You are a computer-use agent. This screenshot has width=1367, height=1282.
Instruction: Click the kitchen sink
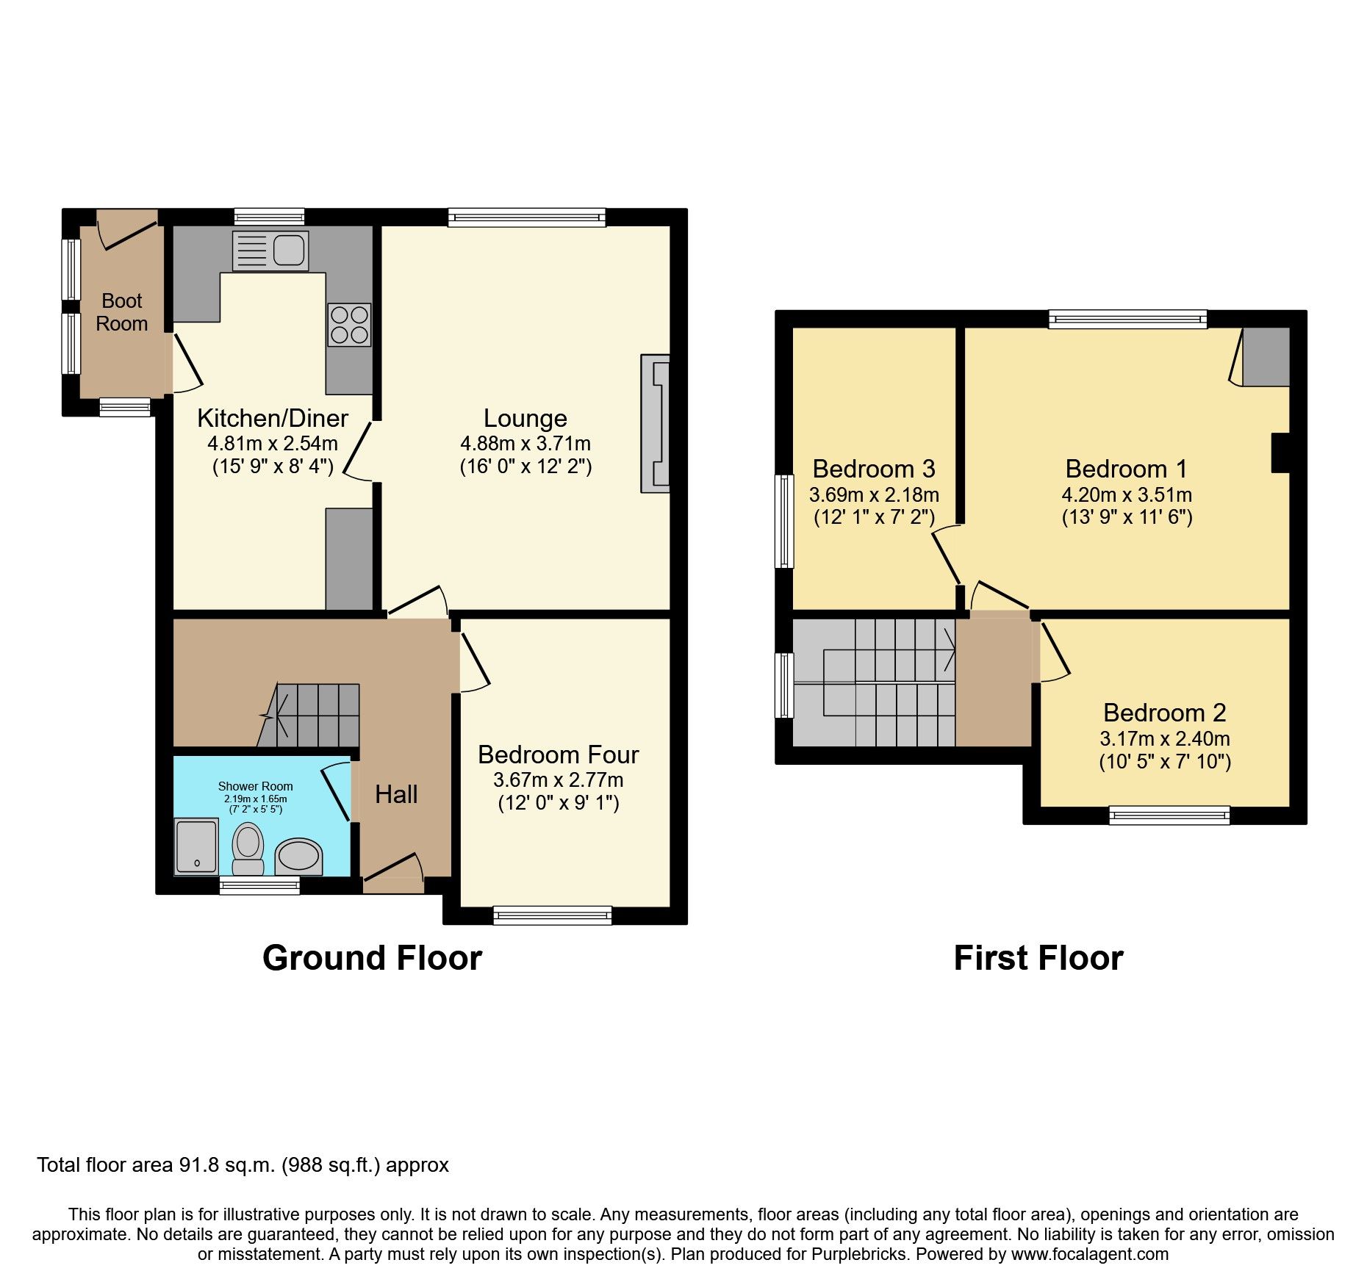pyautogui.click(x=270, y=251)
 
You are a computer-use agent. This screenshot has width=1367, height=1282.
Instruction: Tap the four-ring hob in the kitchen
pyautogui.click(x=349, y=325)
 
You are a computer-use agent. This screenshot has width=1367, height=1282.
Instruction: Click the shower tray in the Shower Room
pyautogui.click(x=196, y=846)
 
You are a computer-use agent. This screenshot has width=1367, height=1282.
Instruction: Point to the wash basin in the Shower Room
pyautogui.click(x=298, y=857)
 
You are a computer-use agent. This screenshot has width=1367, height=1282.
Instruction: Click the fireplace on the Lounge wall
pyautogui.click(x=656, y=423)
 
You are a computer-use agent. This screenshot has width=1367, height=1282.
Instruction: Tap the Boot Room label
pyautogui.click(x=122, y=312)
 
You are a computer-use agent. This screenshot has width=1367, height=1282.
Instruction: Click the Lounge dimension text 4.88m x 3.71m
pyautogui.click(x=525, y=444)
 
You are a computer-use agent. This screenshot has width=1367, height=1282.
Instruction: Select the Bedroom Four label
pyautogui.click(x=558, y=755)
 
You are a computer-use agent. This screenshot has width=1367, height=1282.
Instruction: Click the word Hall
pyautogui.click(x=396, y=794)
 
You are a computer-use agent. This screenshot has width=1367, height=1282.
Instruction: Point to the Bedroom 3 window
pyautogui.click(x=786, y=521)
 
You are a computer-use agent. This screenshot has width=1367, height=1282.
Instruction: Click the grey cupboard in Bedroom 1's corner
pyautogui.click(x=1266, y=357)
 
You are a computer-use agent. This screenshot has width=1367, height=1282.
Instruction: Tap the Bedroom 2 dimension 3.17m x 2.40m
pyautogui.click(x=1164, y=738)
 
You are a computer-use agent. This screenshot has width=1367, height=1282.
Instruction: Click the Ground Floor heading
pyautogui.click(x=372, y=958)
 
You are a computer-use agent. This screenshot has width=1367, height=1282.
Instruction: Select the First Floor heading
pyautogui.click(x=1038, y=958)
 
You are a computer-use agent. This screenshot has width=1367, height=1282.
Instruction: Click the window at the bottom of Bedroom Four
pyautogui.click(x=552, y=915)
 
